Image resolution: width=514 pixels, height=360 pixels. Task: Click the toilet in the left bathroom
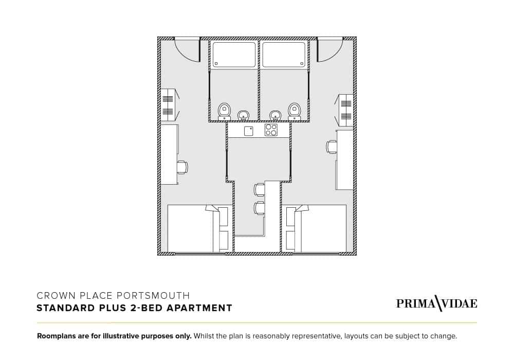pyautogui.click(x=224, y=110)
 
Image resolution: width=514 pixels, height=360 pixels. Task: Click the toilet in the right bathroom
pyautogui.click(x=294, y=110)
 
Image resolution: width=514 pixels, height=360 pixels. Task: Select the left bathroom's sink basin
pyautogui.click(x=244, y=115)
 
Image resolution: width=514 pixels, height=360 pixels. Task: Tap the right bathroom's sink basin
pyautogui.click(x=276, y=115)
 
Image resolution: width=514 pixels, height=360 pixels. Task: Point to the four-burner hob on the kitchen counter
pyautogui.click(x=271, y=130)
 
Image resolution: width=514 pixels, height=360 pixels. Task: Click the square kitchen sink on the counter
pyautogui.click(x=249, y=131)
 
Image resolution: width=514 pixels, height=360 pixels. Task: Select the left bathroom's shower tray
pyautogui.click(x=234, y=55)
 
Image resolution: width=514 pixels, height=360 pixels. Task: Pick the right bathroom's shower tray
pyautogui.click(x=284, y=55)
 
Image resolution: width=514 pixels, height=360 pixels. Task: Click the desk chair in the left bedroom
pyautogui.click(x=182, y=167)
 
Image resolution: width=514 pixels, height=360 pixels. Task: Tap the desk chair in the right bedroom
pyautogui.click(x=332, y=147)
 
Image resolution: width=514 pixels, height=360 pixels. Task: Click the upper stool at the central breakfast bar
pyautogui.click(x=259, y=189)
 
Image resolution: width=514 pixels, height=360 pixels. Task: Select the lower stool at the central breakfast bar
pyautogui.click(x=259, y=208)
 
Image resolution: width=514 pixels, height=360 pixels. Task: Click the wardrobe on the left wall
pyautogui.click(x=168, y=105)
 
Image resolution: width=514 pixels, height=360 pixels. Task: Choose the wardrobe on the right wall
pyautogui.click(x=346, y=110)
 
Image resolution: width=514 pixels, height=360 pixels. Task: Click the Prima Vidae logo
pyautogui.click(x=436, y=303)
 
